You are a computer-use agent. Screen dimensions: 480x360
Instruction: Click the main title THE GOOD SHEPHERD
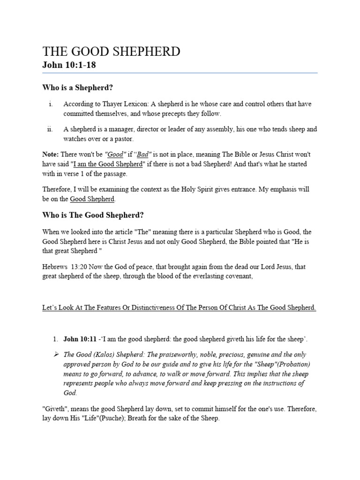[x=111, y=52]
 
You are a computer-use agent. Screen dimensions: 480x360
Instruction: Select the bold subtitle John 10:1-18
[x=69, y=65]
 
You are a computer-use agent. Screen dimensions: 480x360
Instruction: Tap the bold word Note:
[x=51, y=154]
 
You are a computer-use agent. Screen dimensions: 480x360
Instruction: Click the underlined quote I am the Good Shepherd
[x=107, y=163]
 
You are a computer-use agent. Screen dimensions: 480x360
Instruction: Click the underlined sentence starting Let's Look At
[x=179, y=308]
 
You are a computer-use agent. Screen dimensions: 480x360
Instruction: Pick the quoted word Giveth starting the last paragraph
[x=55, y=409]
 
